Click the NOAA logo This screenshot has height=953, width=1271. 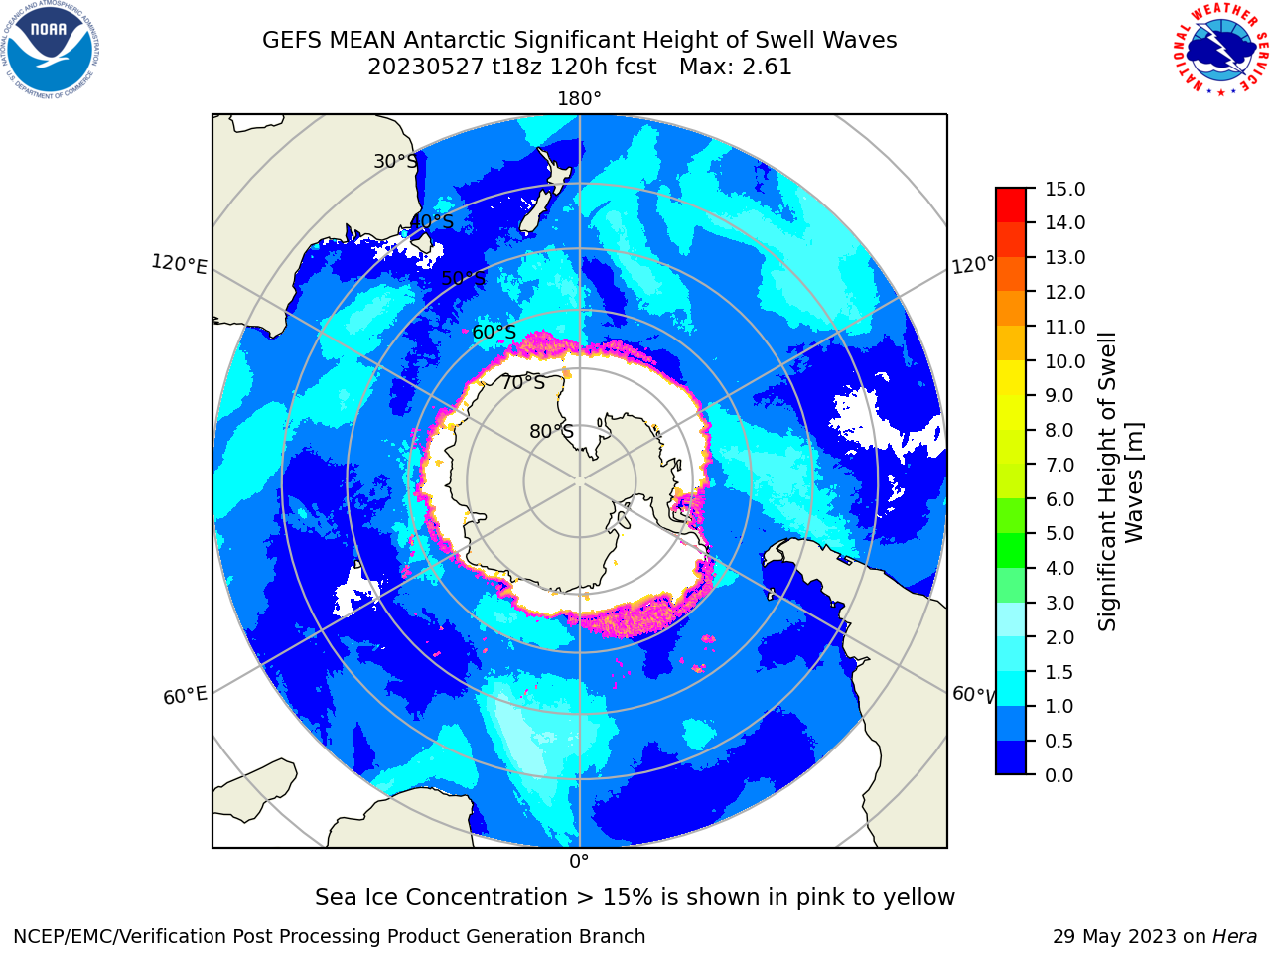tap(51, 51)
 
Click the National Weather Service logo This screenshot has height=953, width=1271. tap(1220, 50)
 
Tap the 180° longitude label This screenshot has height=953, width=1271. tap(579, 99)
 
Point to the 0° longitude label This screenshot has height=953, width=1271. tap(579, 862)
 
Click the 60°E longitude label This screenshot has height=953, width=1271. tap(185, 695)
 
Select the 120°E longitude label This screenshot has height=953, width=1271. tap(179, 264)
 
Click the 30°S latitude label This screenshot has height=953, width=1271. tap(395, 161)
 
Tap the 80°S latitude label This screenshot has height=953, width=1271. tap(551, 431)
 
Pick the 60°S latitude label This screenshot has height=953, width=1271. tap(494, 333)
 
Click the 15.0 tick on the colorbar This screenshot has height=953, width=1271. tap(1064, 189)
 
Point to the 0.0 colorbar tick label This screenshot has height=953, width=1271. tap(1059, 775)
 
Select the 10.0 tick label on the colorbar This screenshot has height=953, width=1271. tap(1064, 361)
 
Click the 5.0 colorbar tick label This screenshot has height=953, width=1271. tap(1059, 533)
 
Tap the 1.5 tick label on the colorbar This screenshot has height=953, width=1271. tap(1059, 672)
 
